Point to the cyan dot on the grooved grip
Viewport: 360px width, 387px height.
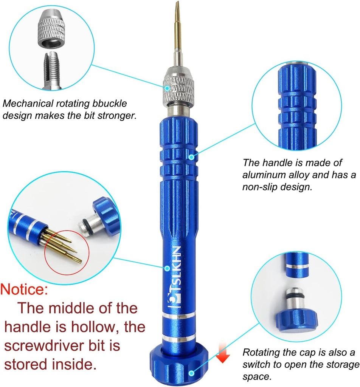tap(192, 156)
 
